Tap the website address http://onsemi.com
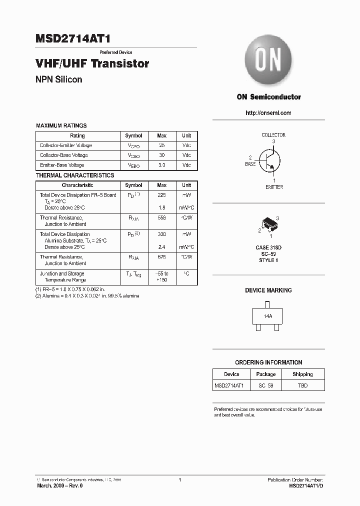click(268, 113)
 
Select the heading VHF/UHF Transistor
click(92, 64)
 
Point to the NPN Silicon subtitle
click(59, 79)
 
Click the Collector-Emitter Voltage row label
click(66, 145)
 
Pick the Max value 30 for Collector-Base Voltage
click(161, 155)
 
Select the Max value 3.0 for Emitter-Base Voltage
click(161, 165)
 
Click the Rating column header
click(77, 135)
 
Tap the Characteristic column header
click(77, 185)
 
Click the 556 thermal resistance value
click(161, 218)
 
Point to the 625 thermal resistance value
click(161, 257)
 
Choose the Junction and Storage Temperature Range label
click(62, 277)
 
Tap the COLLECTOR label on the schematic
click(273, 135)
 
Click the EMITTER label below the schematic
click(274, 187)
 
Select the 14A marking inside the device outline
click(268, 316)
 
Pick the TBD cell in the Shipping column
click(302, 385)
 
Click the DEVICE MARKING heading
click(268, 290)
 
